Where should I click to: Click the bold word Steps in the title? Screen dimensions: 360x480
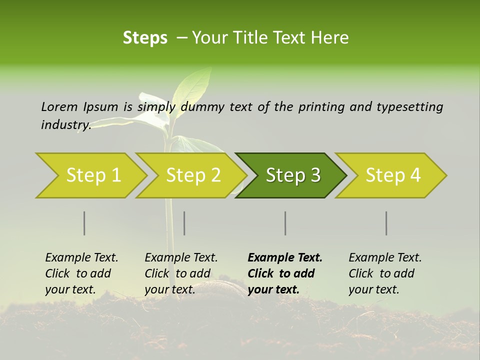pos(145,38)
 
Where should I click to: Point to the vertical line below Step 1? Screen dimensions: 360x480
pos(84,223)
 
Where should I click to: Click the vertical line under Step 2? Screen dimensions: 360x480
pos(184,223)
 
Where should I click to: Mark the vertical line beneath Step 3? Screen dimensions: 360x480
pos(285,223)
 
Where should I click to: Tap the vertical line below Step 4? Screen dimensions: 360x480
pos(386,223)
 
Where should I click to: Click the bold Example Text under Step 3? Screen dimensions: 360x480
pos(285,273)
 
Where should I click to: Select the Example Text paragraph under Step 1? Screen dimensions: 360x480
pos(81,273)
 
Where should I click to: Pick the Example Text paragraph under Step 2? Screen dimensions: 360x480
pos(181,273)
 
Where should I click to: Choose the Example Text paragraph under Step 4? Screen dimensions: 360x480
pos(385,273)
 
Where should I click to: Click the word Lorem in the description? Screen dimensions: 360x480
pos(59,107)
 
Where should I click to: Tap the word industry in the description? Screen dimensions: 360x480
pos(65,125)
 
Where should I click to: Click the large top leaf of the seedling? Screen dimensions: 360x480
pos(192,85)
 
